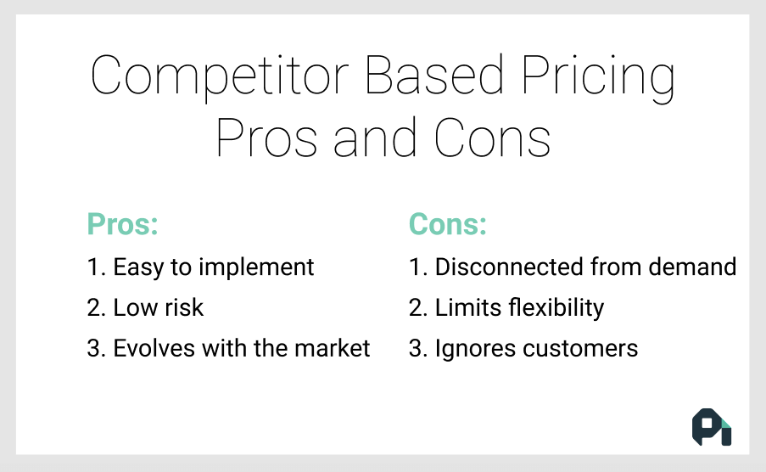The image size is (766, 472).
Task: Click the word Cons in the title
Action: click(493, 138)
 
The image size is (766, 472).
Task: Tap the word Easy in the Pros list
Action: click(139, 268)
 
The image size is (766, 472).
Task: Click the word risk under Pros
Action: click(182, 307)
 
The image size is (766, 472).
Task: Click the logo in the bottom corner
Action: click(711, 427)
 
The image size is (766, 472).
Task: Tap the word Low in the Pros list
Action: click(133, 307)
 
